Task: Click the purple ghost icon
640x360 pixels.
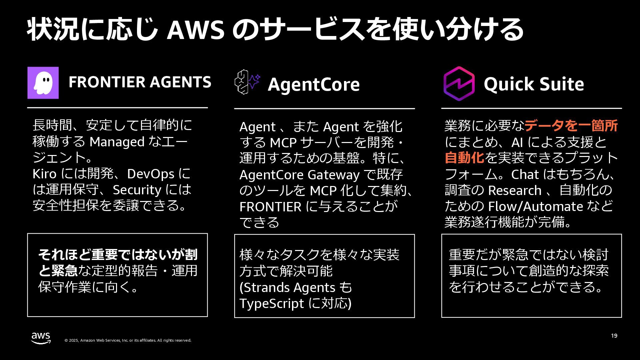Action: pyautogui.click(x=43, y=83)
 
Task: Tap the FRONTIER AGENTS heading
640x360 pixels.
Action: pyautogui.click(x=140, y=82)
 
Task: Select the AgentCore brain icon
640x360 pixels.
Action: pyautogui.click(x=247, y=81)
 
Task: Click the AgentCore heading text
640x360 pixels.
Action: pyautogui.click(x=314, y=84)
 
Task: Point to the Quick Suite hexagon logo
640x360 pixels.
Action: pyautogui.click(x=459, y=84)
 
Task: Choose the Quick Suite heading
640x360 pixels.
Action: pyautogui.click(x=534, y=84)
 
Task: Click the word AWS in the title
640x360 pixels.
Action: pyautogui.click(x=195, y=30)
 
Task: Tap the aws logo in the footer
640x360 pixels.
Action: pyautogui.click(x=41, y=338)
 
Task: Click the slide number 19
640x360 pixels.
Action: pyautogui.click(x=614, y=336)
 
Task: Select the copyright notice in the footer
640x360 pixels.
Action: pyautogui.click(x=128, y=340)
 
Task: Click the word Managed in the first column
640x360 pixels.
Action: pyautogui.click(x=117, y=142)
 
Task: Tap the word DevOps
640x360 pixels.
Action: pyautogui.click(x=151, y=174)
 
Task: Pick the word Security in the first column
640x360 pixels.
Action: pyautogui.click(x=137, y=190)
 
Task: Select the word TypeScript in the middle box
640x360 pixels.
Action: pyautogui.click(x=271, y=304)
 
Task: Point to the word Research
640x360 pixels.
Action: pyautogui.click(x=515, y=191)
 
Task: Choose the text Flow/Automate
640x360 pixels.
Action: pyautogui.click(x=535, y=207)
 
